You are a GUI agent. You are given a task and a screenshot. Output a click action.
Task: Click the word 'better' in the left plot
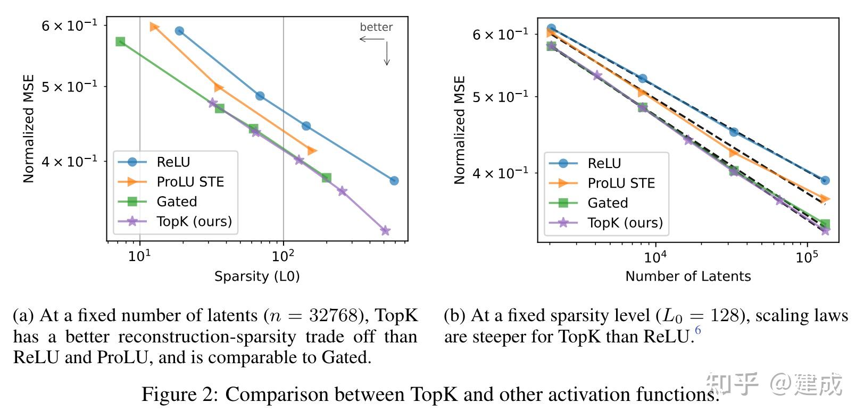pos(376,27)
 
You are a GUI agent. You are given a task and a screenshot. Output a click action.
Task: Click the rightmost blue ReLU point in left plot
pos(394,181)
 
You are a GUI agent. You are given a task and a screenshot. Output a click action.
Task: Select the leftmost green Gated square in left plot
pos(120,41)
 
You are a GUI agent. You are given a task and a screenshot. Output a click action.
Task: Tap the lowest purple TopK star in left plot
pos(385,230)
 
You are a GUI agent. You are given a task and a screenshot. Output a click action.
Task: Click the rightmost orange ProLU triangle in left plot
pos(312,151)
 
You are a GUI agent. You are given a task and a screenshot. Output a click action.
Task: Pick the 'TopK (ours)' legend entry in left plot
pos(194,221)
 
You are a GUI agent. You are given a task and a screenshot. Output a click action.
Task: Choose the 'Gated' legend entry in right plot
pos(608,203)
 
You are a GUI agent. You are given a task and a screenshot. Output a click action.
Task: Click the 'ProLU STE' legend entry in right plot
pos(621,183)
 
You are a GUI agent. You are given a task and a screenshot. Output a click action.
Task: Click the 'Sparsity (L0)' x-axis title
pos(257,276)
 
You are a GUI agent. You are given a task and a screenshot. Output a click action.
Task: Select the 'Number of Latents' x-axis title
pos(688,276)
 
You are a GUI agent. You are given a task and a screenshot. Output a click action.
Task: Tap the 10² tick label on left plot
pos(283,256)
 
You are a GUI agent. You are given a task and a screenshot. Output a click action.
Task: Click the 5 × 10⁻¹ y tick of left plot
pos(69,86)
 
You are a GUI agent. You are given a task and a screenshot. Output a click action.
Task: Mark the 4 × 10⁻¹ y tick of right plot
pos(500,173)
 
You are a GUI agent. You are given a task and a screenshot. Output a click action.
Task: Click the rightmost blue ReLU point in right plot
pos(825,180)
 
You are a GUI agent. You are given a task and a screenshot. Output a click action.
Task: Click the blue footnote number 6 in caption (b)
pos(698,330)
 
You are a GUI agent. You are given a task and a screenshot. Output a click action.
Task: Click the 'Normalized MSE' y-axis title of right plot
pos(459,130)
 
